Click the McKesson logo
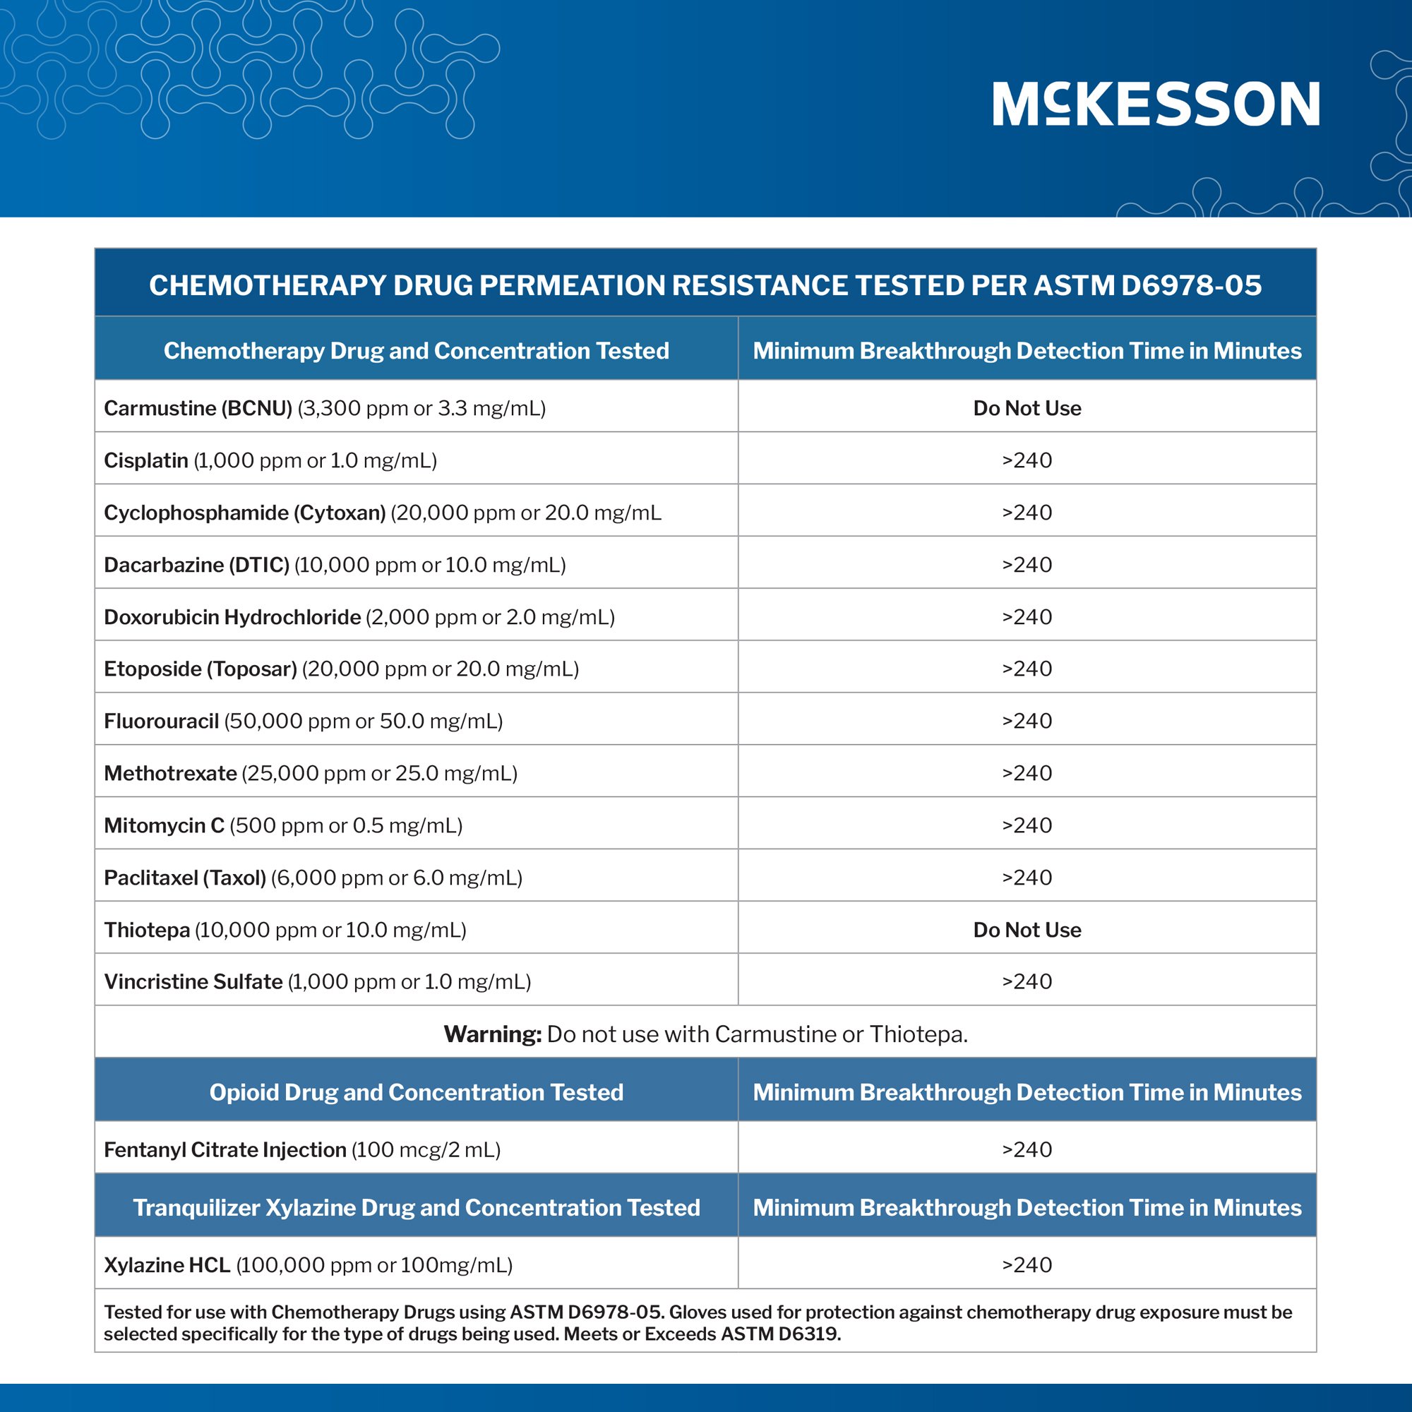tap(1156, 104)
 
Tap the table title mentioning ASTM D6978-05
tap(705, 285)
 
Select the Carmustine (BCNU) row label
tap(325, 408)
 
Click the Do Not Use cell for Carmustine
tap(1027, 408)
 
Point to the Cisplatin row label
tap(270, 460)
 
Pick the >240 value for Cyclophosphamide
tap(1027, 513)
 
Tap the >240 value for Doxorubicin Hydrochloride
tap(1027, 617)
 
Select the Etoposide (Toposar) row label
tap(341, 669)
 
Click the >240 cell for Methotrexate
tap(1027, 773)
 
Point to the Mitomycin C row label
tap(283, 826)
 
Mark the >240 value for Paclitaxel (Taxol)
tap(1027, 878)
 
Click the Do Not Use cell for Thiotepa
tap(1027, 930)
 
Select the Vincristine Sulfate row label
tap(317, 981)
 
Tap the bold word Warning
tap(492, 1034)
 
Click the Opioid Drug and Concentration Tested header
tap(416, 1092)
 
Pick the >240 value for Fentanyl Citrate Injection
tap(1027, 1149)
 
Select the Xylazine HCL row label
tap(308, 1265)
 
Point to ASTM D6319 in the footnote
tap(781, 1334)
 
